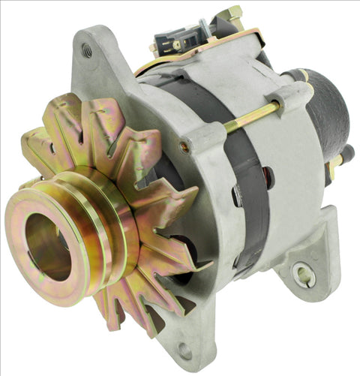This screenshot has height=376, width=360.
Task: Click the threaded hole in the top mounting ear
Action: point(88,50)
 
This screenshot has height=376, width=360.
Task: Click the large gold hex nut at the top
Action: point(232,14)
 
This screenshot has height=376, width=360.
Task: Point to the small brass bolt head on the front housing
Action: point(184,148)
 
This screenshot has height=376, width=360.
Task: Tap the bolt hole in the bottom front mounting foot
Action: point(184,349)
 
